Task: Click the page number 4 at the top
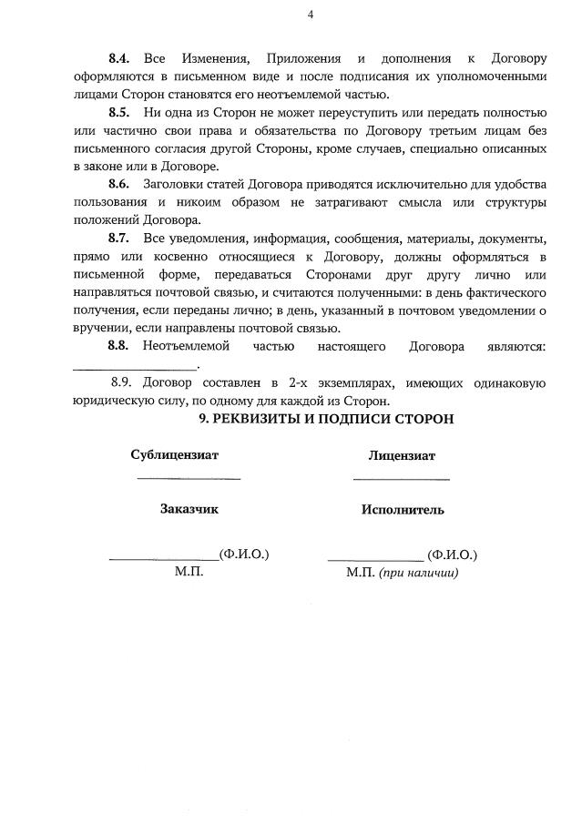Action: pos(311,15)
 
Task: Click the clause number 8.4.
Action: pos(119,59)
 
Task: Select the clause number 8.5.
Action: pos(119,113)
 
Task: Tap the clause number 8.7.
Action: pos(119,239)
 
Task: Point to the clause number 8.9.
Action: pos(122,383)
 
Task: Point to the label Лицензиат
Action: pos(402,456)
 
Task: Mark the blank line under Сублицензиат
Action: pos(189,477)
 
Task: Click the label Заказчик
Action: pos(189,509)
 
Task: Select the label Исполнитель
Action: pos(403,510)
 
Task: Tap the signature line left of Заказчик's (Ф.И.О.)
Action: pos(163,558)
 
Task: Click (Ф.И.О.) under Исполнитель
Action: pos(452,554)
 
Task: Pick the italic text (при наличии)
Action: pos(419,573)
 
